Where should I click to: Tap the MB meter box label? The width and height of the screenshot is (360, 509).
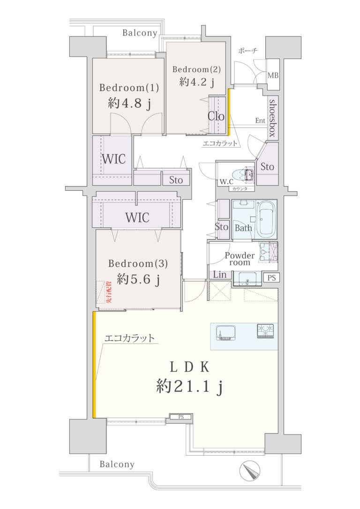273,75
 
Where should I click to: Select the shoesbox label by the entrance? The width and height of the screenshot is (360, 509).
273,118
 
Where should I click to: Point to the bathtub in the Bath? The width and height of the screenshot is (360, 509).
266,219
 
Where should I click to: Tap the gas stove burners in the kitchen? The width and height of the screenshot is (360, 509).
265,331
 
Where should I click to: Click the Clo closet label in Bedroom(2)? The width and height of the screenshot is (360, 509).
216,116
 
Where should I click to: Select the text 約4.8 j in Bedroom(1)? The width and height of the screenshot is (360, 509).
129,104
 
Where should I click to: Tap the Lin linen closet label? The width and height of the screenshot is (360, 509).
220,275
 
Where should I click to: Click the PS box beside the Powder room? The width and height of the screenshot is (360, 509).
271,277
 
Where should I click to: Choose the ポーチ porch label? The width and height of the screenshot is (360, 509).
247,51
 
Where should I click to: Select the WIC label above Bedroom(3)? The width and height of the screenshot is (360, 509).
137,217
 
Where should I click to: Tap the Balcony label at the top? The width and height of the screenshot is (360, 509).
140,33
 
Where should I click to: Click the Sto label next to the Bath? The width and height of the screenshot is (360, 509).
221,226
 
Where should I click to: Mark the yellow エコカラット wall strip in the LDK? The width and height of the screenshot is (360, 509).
95,365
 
